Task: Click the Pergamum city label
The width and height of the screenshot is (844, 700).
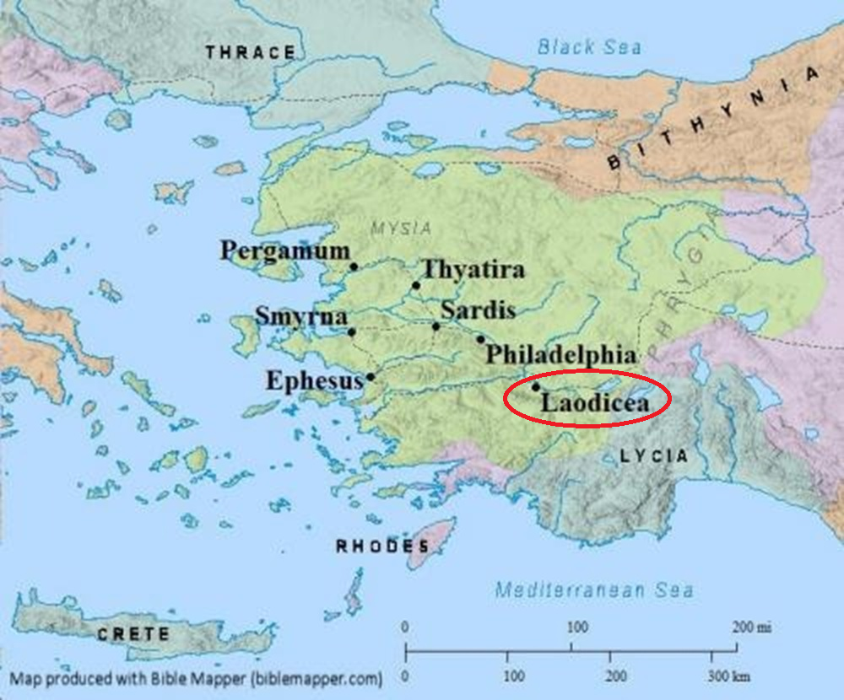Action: pos(284,250)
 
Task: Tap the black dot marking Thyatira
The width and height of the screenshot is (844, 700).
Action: pos(416,286)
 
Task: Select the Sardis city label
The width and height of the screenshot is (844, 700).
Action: pos(478,310)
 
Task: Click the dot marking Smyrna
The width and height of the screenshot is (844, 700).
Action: pos(352,331)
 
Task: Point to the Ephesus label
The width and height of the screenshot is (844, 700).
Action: pos(314,381)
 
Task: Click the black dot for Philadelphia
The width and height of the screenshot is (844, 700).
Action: pos(480,340)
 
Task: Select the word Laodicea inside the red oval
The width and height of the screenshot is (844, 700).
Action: pos(595,404)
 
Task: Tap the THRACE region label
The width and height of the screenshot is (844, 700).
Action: pos(251,53)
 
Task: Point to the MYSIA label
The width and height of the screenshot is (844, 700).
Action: pos(400,228)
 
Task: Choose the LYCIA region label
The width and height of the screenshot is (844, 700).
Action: pos(653,456)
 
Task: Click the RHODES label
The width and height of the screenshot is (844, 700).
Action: pos(372,547)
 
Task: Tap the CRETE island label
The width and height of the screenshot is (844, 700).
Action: pos(133,634)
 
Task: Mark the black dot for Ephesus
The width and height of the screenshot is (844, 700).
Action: pos(370,377)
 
